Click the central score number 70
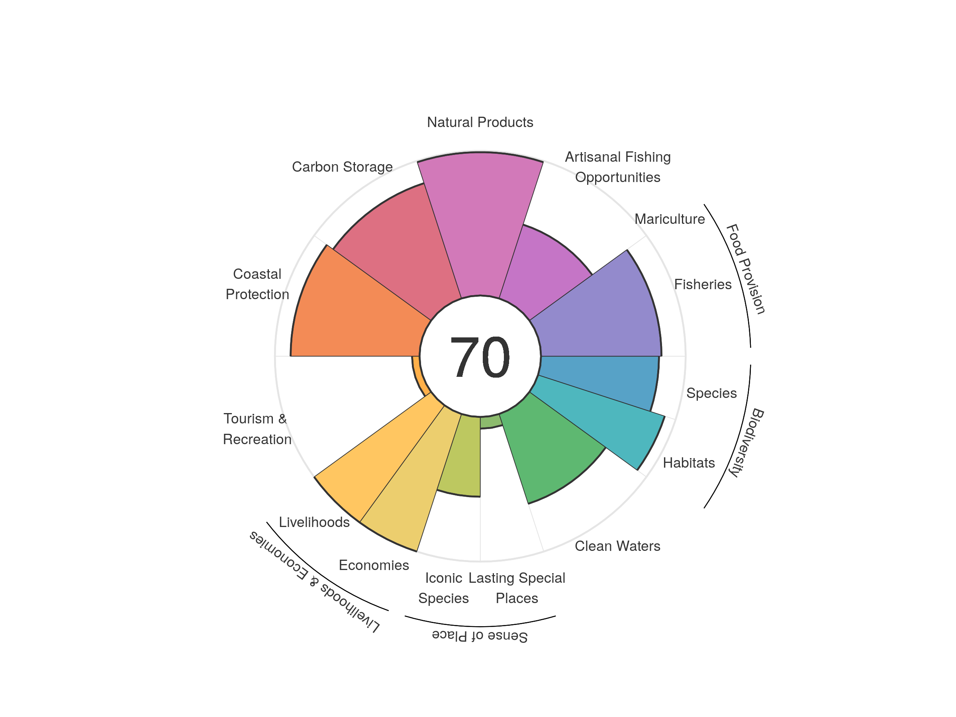coord(480,357)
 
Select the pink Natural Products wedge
coord(480,225)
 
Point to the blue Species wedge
coord(601,380)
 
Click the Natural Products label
coord(480,122)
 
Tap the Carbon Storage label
coord(342,167)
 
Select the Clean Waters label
coord(617,546)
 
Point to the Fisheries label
coord(703,284)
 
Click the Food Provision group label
coord(746,269)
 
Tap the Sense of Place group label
coord(480,636)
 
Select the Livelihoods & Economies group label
coord(315,581)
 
